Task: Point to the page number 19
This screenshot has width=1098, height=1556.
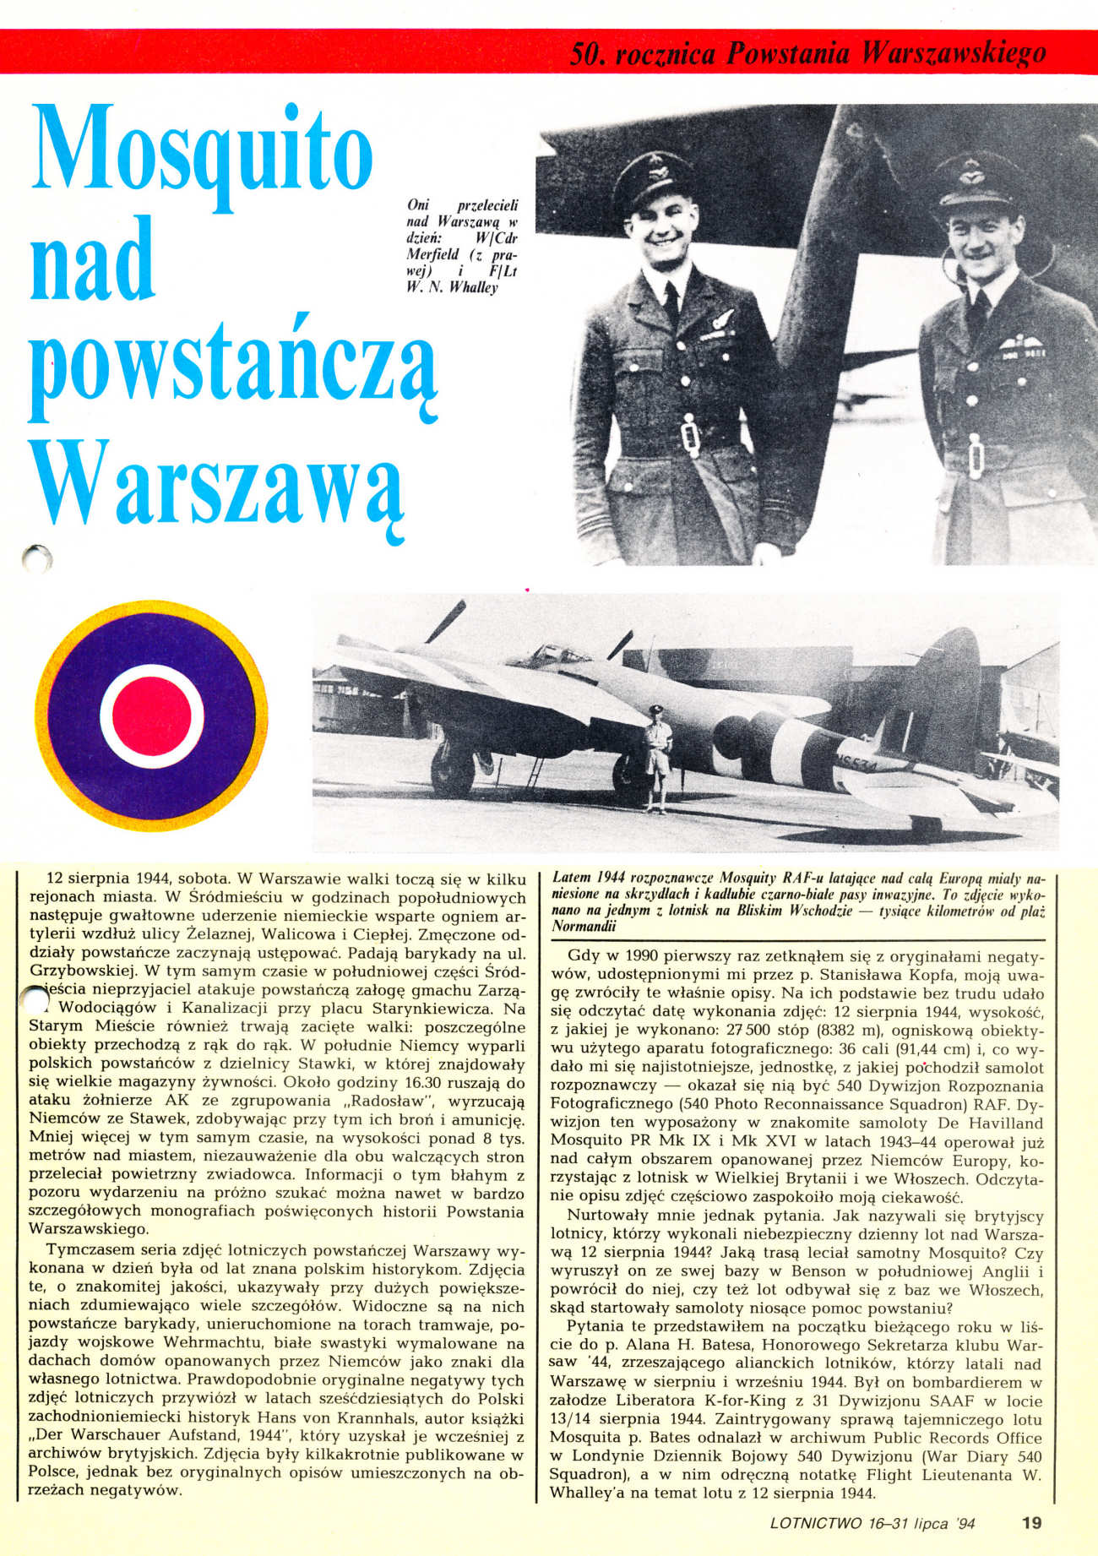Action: tap(1031, 1523)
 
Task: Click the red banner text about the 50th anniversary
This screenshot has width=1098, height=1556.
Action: tap(808, 54)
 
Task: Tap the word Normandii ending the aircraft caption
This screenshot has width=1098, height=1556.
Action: tap(584, 926)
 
